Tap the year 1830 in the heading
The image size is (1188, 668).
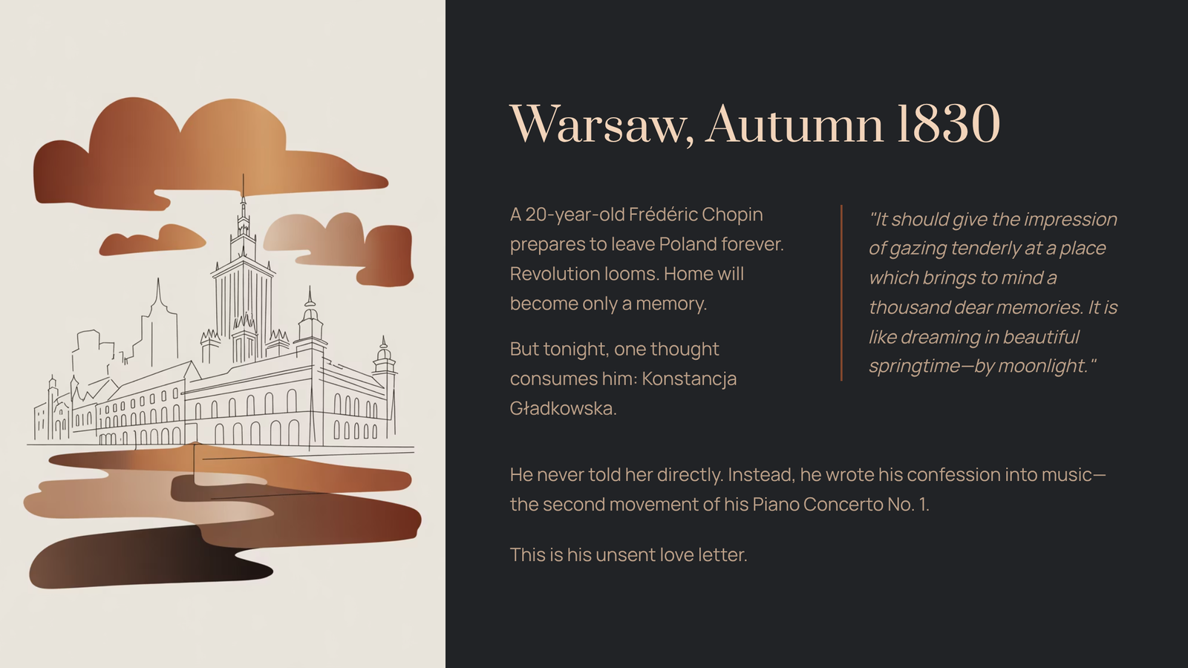[948, 124]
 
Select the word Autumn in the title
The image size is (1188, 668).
[794, 124]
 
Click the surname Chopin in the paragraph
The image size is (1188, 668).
[732, 215]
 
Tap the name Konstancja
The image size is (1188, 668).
[689, 379]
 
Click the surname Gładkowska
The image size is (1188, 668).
[563, 409]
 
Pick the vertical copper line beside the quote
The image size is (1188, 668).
[841, 292]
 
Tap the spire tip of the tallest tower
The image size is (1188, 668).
[243, 174]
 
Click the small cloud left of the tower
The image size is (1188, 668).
[152, 240]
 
